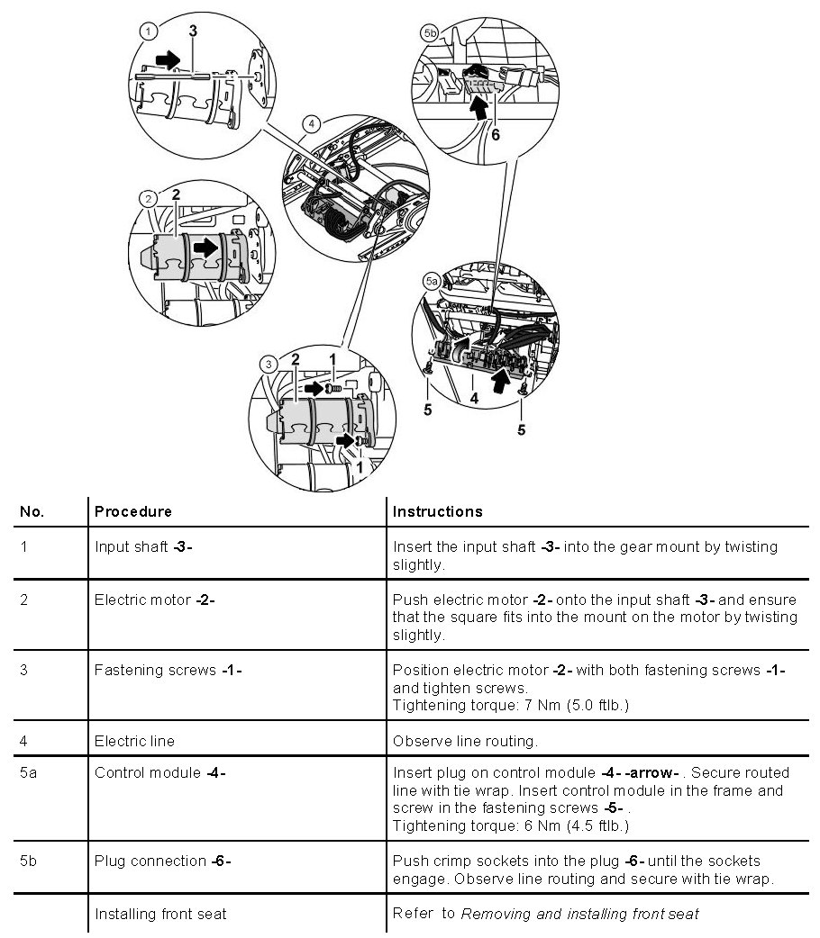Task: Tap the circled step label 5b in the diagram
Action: (430, 32)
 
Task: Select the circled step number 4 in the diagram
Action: (311, 123)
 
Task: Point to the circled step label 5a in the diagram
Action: (432, 281)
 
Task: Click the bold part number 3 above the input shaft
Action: (193, 31)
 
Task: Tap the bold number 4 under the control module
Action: (474, 395)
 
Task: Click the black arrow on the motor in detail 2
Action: (206, 246)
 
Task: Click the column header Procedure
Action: (132, 511)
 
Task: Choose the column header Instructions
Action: (438, 511)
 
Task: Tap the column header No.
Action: (32, 511)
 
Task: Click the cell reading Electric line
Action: (134, 741)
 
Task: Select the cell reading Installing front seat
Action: (160, 914)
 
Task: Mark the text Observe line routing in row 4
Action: (465, 741)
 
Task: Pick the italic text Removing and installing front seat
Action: (579, 914)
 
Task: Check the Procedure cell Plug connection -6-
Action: (163, 861)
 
